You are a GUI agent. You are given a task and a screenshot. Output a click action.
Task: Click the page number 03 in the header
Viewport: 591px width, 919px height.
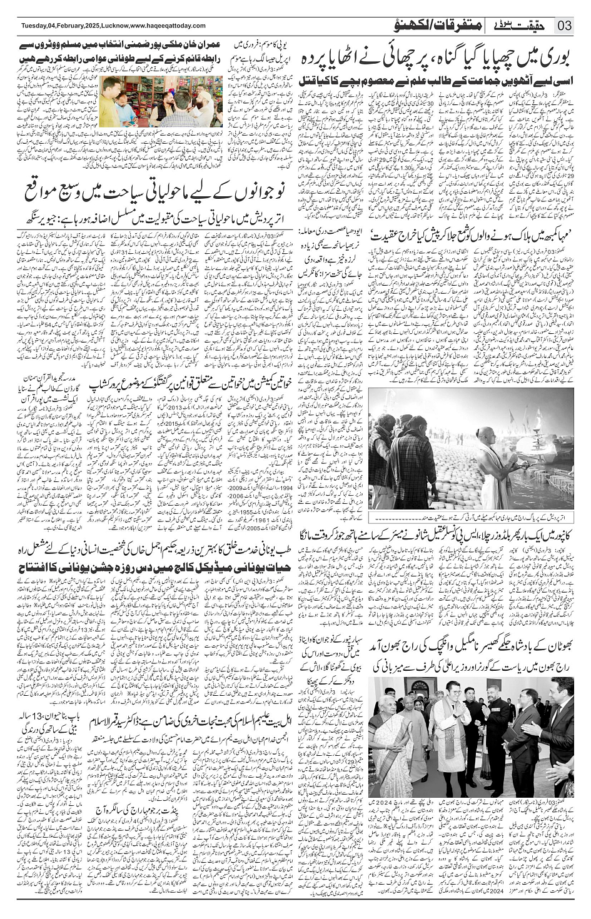coord(565,26)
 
